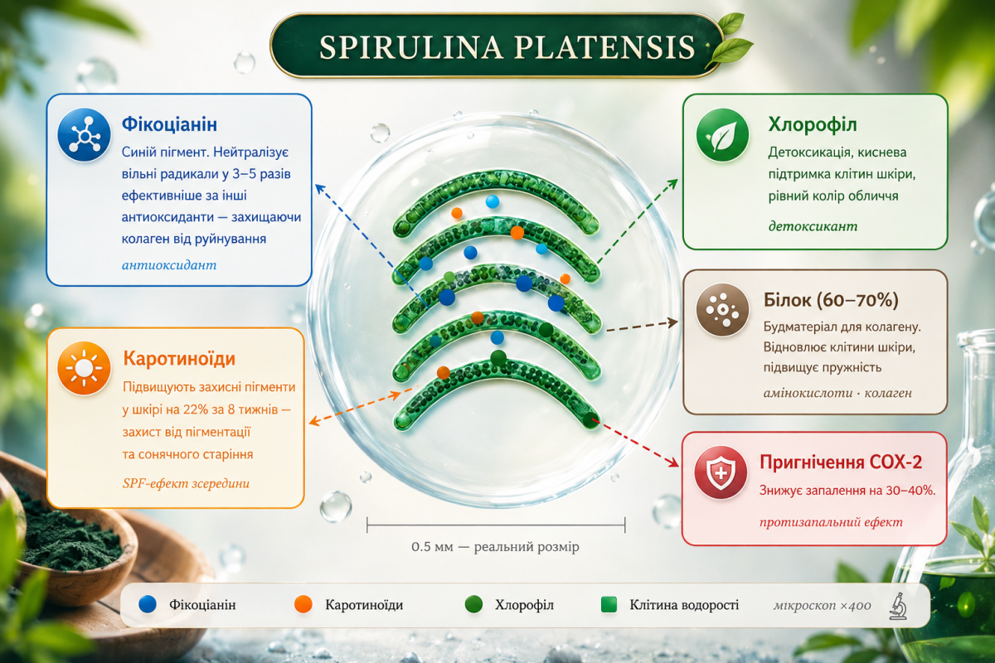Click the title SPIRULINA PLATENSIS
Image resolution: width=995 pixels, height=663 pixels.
(x=507, y=47)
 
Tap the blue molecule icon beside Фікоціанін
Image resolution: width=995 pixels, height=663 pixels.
(x=84, y=134)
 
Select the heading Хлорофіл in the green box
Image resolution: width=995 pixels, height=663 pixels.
(x=813, y=125)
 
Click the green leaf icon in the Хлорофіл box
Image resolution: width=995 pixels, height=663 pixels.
(x=722, y=135)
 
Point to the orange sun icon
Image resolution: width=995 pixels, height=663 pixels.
(x=84, y=368)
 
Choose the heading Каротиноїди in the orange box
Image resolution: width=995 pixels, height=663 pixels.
(x=179, y=358)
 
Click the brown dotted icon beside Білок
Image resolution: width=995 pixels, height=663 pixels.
(x=722, y=310)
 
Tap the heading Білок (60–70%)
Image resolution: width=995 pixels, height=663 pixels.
(x=831, y=300)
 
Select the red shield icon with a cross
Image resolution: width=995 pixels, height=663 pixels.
(x=721, y=473)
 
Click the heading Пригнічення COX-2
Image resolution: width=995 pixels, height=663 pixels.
(x=841, y=462)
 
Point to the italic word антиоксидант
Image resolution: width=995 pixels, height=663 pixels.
(x=169, y=265)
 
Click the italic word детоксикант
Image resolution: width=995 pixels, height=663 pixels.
(x=813, y=226)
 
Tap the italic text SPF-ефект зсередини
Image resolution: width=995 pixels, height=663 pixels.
(x=186, y=483)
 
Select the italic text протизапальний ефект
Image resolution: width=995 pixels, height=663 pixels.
(x=831, y=522)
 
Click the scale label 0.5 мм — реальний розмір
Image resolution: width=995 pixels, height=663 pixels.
(x=495, y=547)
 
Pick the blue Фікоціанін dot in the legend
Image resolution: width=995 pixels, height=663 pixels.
(x=148, y=605)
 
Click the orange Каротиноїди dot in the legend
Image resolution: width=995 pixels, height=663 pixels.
(x=303, y=605)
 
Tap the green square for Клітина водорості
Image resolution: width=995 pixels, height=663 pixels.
(x=609, y=605)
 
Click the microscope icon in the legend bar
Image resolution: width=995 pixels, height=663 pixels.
(x=898, y=606)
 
